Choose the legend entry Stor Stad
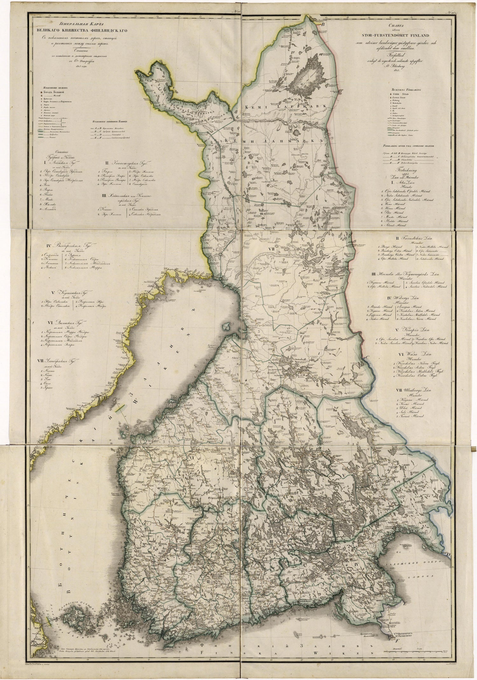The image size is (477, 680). tap(404, 94)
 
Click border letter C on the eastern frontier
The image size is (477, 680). tap(366, 357)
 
